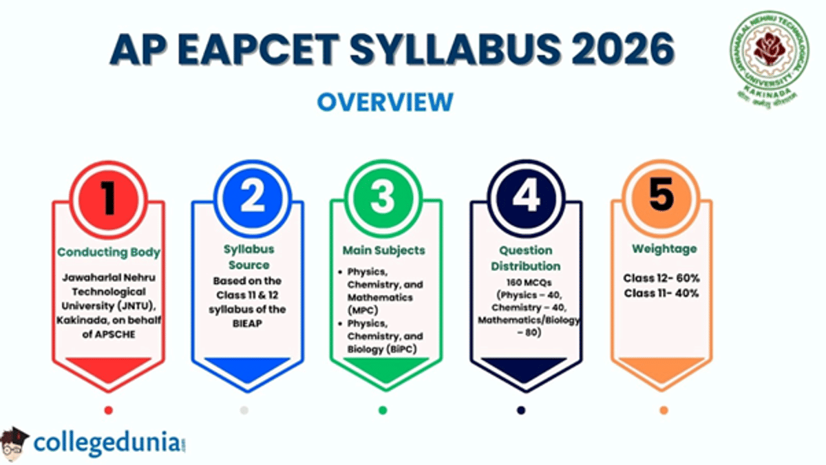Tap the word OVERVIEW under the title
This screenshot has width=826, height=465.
point(385,102)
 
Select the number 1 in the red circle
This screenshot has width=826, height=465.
point(109,197)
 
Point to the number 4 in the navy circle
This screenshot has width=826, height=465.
point(525,197)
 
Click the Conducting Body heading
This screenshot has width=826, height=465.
point(109,252)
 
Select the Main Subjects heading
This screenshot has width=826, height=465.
point(384,249)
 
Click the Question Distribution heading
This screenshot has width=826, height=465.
point(526,258)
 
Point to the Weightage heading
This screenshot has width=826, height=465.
point(661,248)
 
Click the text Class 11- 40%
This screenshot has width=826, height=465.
point(661,293)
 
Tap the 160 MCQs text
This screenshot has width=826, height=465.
point(526,282)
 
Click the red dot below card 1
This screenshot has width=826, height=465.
point(108,411)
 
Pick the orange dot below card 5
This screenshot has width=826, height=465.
point(664,411)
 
